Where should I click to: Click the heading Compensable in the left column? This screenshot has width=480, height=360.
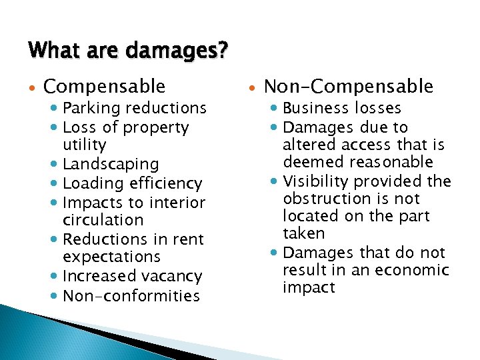click(104, 87)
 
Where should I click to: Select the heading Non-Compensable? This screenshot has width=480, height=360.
click(349, 87)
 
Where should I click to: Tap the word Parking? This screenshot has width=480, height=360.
click(90, 108)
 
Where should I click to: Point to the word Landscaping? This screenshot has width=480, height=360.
click(111, 164)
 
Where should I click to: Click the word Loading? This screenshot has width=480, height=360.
click(90, 183)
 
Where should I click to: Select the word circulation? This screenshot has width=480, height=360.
click(103, 220)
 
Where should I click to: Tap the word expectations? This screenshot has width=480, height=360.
click(111, 257)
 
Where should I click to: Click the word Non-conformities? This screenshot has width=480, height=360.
click(131, 295)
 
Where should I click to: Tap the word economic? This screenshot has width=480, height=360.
click(415, 270)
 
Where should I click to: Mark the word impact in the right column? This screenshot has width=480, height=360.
click(309, 287)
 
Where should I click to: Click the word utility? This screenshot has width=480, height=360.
click(84, 145)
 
